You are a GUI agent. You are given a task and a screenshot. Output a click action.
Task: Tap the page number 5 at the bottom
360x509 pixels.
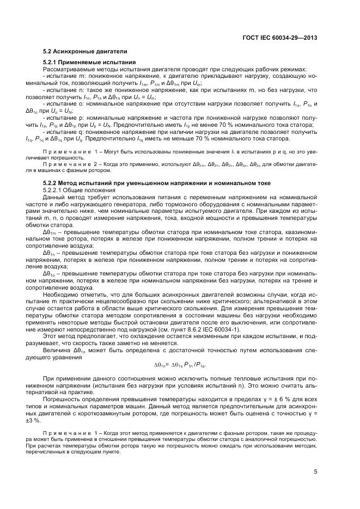pyautogui.click(x=316, y=472)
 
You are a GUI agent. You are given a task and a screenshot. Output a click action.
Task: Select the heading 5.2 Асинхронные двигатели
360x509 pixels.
pyautogui.click(x=85, y=52)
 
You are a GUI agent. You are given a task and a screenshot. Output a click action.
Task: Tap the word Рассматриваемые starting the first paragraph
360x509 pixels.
pyautogui.click(x=67, y=70)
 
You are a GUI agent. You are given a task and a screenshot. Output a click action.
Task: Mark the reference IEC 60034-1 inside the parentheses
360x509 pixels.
pyautogui.click(x=217, y=329)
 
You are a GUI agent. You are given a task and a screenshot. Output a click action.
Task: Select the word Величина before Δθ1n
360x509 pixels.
pyautogui.click(x=57, y=350)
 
